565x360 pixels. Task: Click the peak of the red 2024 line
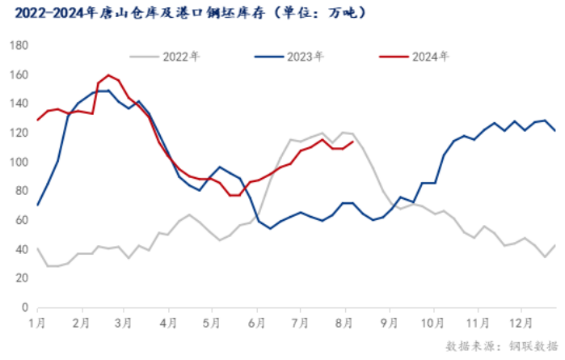[x=108, y=75]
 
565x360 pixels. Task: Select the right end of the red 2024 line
[x=353, y=142]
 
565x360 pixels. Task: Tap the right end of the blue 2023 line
[x=555, y=130]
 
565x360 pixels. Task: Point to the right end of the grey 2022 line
[x=555, y=245]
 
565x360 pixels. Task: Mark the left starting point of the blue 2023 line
[x=37, y=205]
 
